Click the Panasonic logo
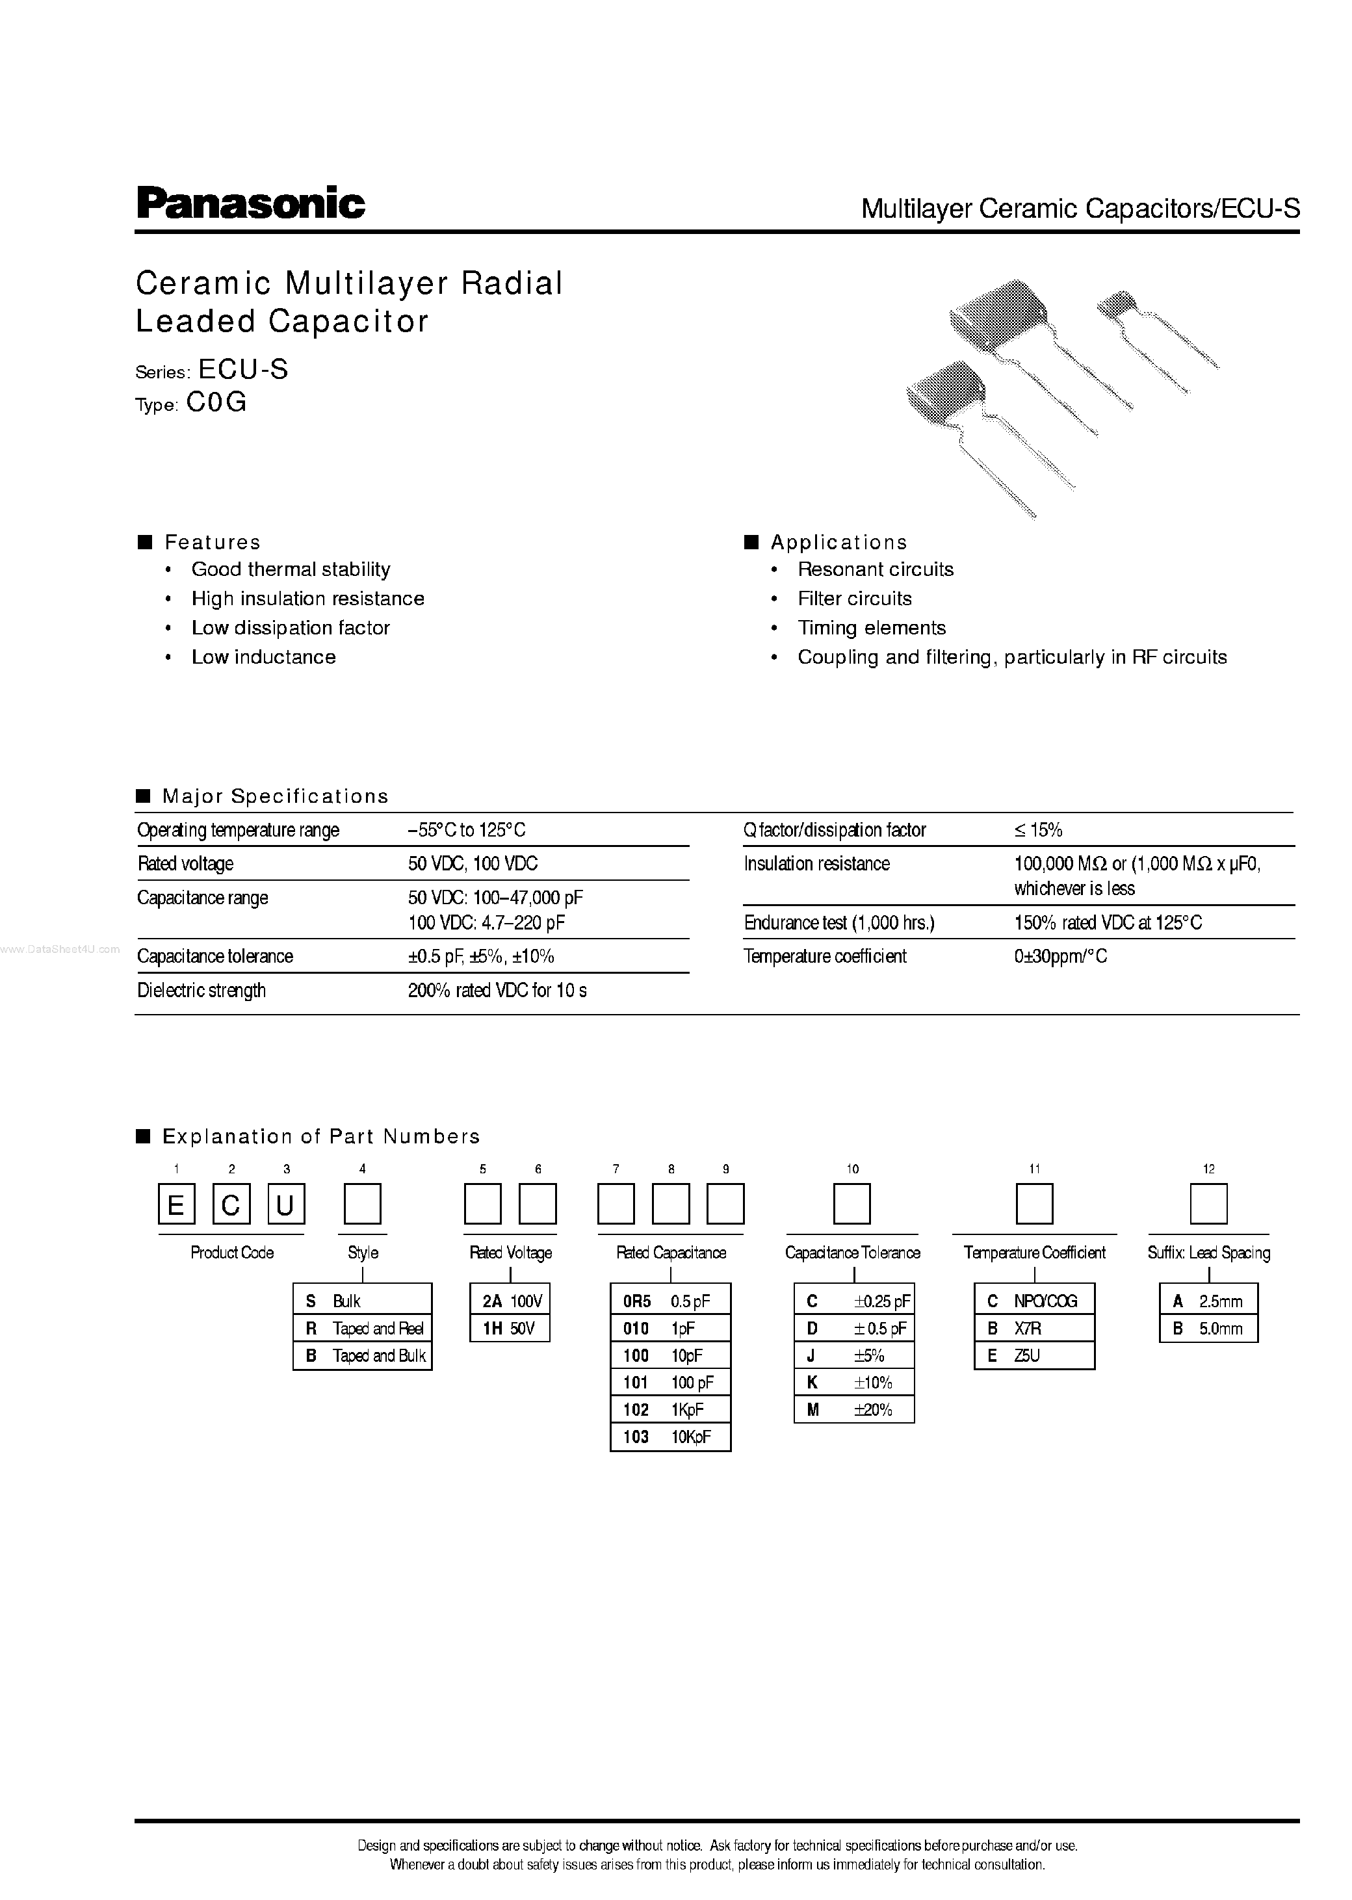(251, 203)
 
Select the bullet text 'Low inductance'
(263, 657)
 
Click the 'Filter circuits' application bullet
(854, 599)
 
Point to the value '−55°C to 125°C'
(466, 830)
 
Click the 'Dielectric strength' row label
(201, 990)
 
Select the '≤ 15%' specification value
(1038, 830)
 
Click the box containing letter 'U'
(285, 1204)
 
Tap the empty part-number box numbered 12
(1208, 1204)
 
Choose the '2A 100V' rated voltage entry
(510, 1301)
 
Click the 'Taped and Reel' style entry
(363, 1329)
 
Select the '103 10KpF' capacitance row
(670, 1437)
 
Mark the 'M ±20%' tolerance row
(853, 1410)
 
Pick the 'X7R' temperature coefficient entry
(1034, 1329)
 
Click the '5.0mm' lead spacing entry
(1208, 1329)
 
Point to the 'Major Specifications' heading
(275, 797)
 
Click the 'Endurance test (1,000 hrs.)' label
(839, 922)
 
